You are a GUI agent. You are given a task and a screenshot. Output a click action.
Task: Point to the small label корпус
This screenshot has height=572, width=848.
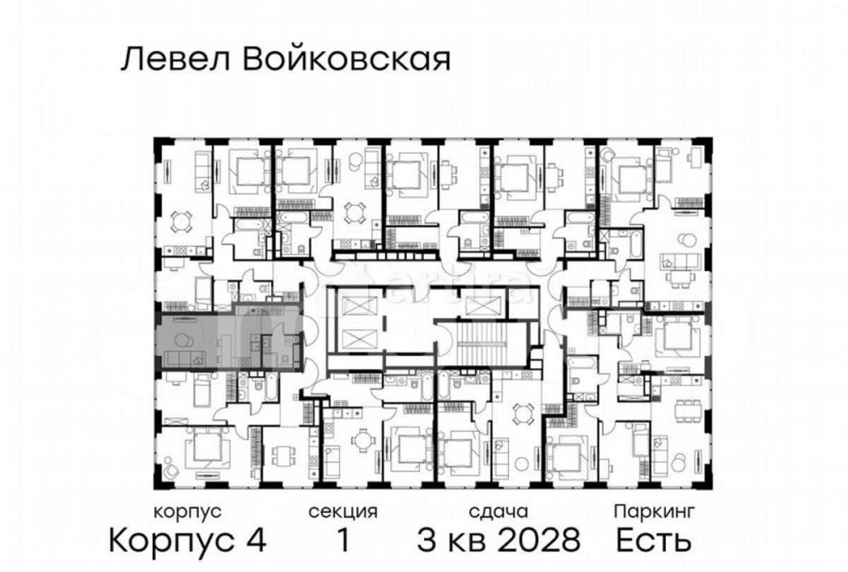click(187, 512)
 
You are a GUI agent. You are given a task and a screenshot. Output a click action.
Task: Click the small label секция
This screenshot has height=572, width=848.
click(343, 512)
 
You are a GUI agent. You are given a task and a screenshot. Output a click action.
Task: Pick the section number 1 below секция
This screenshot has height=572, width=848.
click(343, 539)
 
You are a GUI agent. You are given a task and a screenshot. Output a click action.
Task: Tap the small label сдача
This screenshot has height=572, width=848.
click(499, 512)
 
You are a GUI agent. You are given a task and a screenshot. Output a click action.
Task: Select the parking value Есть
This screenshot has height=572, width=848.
click(654, 539)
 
